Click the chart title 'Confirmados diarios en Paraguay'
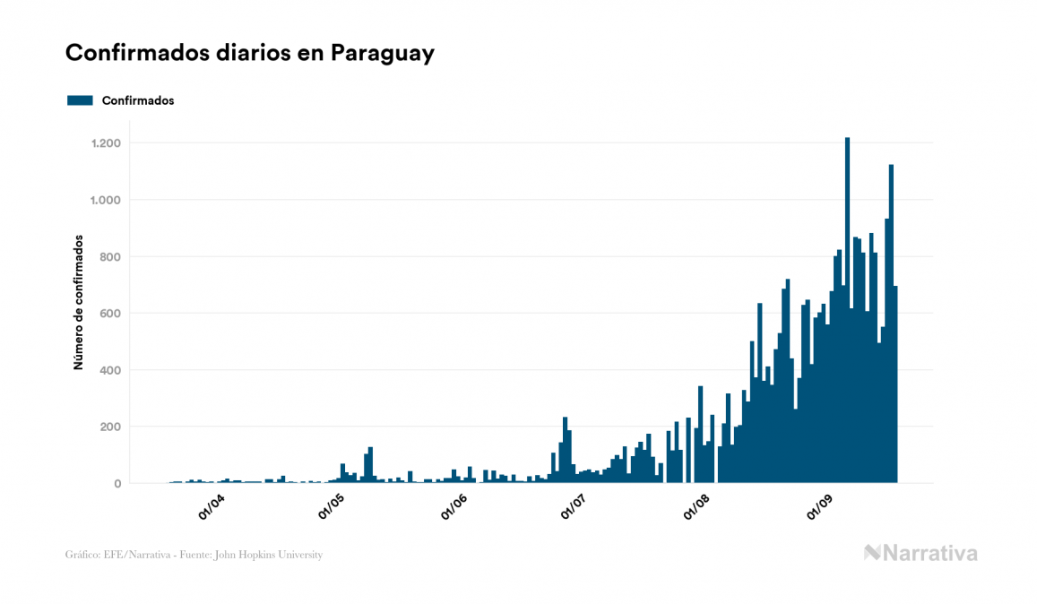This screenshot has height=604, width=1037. [250, 53]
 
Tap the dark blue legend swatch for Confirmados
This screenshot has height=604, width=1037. [80, 100]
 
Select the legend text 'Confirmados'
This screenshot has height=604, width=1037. [138, 100]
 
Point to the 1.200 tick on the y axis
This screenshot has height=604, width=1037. [106, 143]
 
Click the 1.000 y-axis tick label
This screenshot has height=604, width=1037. [106, 200]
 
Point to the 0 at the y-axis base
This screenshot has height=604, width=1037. [117, 484]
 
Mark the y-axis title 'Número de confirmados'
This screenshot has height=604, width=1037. [79, 303]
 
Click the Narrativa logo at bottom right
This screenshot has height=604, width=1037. [920, 553]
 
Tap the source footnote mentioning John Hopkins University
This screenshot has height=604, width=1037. [194, 555]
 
